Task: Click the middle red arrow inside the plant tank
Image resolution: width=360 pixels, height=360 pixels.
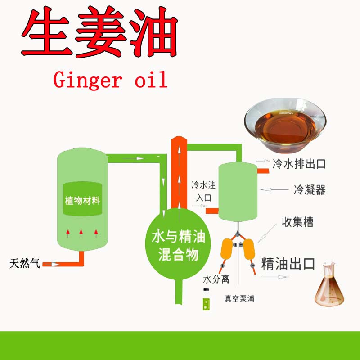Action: (81, 233)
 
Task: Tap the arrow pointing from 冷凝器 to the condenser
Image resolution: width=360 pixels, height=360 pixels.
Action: (275, 190)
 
